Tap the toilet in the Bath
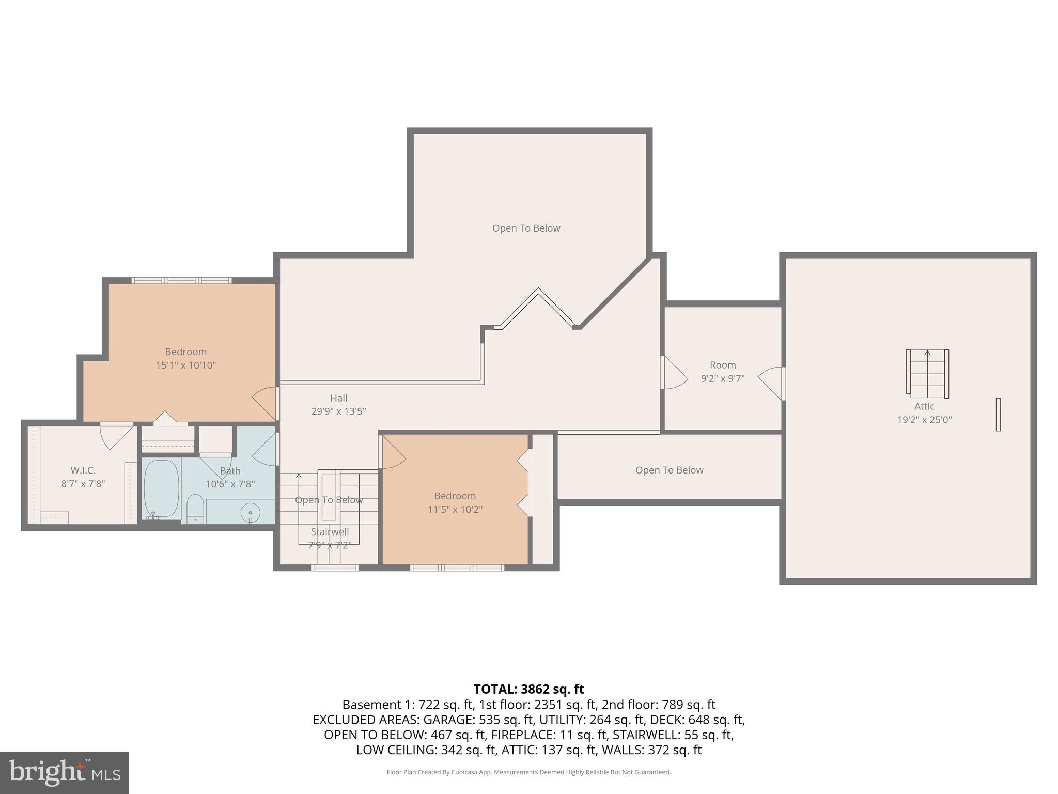click(195, 509)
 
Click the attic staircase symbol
click(927, 374)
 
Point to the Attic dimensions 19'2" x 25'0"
click(924, 420)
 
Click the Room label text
click(722, 365)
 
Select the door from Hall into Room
click(674, 373)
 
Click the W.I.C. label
click(83, 470)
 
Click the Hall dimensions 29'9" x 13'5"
click(338, 411)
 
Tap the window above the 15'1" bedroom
click(181, 281)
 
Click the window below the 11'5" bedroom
click(457, 568)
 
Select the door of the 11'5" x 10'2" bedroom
click(393, 452)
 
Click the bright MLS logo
click(64, 772)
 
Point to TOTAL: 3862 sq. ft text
click(528, 689)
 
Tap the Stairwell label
click(330, 531)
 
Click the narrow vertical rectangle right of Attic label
click(998, 414)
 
